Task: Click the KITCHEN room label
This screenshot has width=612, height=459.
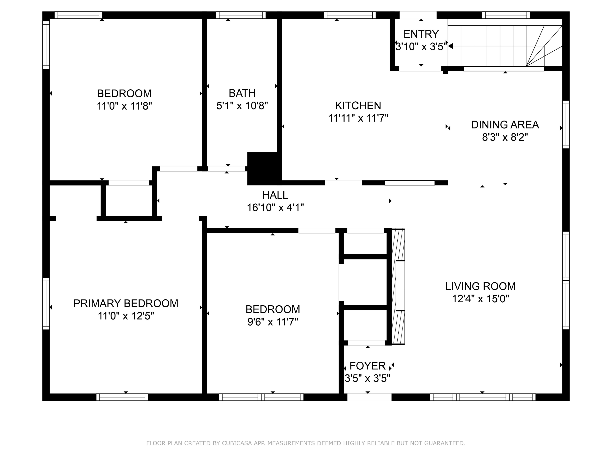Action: coord(358,105)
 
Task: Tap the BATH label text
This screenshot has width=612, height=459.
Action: coord(242,93)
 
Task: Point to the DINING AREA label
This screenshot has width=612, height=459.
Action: coord(505,125)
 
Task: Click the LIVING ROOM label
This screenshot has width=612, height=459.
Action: coord(480,286)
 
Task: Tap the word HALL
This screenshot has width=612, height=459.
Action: coord(275,195)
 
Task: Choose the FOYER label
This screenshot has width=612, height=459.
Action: coord(367,366)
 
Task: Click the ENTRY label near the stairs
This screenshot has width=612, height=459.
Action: coord(421,34)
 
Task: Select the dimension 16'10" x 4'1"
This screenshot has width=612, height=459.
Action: coord(275,207)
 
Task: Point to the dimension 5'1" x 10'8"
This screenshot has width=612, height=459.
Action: coord(242,105)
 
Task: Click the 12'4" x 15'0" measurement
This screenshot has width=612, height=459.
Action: coord(480,298)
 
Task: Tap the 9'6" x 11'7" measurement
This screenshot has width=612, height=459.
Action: coord(273,322)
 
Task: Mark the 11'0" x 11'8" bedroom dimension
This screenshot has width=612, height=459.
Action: coord(124,106)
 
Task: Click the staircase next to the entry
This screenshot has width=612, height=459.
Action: coord(505,46)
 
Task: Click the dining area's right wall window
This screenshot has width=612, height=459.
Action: coord(566,124)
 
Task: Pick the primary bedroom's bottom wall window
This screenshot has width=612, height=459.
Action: coord(122,397)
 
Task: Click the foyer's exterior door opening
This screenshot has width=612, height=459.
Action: coord(369,397)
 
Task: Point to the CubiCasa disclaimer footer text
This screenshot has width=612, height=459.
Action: coord(306,443)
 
